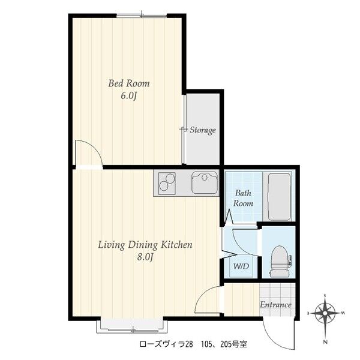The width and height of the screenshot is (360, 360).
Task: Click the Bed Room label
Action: click(x=129, y=83)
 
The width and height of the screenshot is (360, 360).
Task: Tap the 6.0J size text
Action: click(x=129, y=96)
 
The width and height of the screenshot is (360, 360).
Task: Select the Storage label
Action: click(x=203, y=130)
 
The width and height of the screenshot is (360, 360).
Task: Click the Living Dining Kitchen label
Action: click(x=145, y=245)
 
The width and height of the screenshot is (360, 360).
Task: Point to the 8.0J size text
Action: click(x=145, y=257)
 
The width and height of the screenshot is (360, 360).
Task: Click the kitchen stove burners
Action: click(x=167, y=184)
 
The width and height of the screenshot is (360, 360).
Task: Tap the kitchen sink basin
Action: click(x=205, y=183)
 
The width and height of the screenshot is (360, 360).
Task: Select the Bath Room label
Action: click(x=243, y=198)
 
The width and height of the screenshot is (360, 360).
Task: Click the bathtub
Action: click(x=279, y=197)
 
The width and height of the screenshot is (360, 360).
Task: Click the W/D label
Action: click(x=241, y=266)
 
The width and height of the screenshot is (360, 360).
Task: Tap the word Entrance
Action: click(x=275, y=305)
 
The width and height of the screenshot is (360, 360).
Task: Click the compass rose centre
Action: click(x=325, y=313)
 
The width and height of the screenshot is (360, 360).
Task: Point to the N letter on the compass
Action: click(x=325, y=343)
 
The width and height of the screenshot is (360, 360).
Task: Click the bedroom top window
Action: click(x=142, y=16)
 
